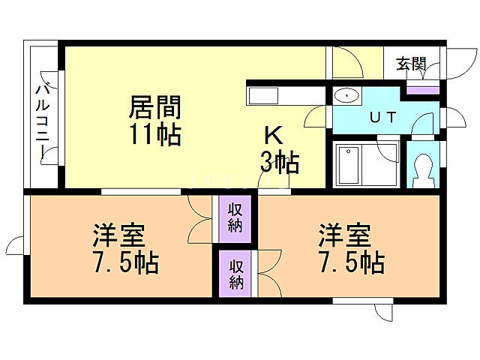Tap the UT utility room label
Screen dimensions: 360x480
click(x=383, y=117)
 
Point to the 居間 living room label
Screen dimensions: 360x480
click(x=155, y=106)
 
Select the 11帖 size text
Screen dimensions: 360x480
click(x=155, y=135)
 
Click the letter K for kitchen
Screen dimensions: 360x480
click(x=274, y=136)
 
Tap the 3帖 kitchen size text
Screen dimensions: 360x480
click(x=280, y=162)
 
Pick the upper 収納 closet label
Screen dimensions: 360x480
click(x=235, y=217)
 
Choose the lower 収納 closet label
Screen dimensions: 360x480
click(x=235, y=274)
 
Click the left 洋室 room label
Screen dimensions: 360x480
click(x=119, y=236)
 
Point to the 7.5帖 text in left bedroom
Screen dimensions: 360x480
click(x=125, y=263)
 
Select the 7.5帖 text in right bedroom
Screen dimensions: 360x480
click(x=351, y=263)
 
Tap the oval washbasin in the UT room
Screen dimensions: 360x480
click(x=346, y=96)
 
